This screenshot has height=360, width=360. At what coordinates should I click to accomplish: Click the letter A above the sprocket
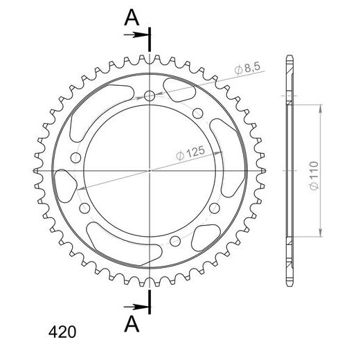coord(132,18)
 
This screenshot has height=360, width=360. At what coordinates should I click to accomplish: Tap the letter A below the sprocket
coord(132,324)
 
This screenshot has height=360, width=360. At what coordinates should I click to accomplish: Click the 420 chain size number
coord(62,332)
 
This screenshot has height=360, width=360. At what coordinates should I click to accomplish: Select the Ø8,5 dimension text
coord(247,68)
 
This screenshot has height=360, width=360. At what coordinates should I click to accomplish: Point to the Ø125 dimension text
coord(190,153)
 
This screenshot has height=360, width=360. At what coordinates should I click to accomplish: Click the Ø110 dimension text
coord(314,175)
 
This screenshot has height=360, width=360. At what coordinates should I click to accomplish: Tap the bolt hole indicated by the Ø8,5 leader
coord(150,96)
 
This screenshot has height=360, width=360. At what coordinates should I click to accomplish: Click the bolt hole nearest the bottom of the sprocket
coord(175,241)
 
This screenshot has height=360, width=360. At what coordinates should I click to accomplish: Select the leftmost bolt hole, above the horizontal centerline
coord(75,158)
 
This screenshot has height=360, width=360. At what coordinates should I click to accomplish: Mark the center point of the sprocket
coord(150,171)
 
